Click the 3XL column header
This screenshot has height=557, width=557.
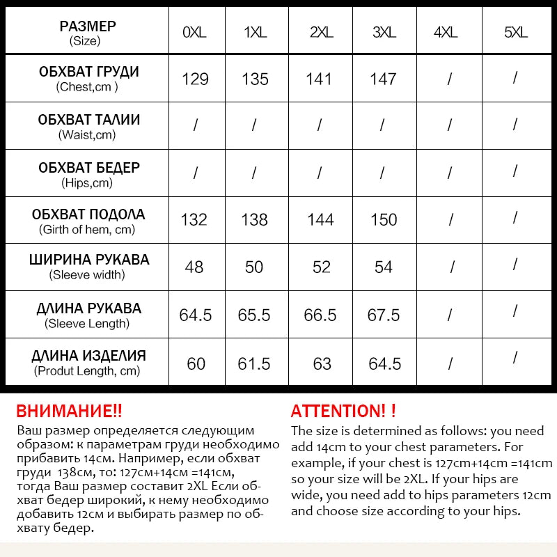coord(383,32)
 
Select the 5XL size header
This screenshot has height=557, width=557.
coord(515,32)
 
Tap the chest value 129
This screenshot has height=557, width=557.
coord(195,79)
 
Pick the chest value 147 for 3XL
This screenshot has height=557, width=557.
coord(383,79)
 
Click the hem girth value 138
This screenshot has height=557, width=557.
coord(255,220)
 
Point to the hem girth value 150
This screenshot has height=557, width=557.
coord(384,220)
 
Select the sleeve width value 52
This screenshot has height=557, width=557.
coord(321,267)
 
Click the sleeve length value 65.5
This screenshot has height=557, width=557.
coord(254,315)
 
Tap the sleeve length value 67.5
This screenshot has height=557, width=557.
coord(384,315)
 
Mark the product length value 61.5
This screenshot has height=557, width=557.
coord(255,363)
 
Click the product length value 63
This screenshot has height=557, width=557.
coord(321,363)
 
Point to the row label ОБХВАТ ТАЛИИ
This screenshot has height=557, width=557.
coord(88,120)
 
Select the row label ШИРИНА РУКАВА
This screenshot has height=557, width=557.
coord(88,260)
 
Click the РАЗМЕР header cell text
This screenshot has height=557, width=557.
coord(88,26)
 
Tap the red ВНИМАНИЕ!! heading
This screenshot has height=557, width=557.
coord(69,411)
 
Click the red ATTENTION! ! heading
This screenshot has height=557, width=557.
coord(343,411)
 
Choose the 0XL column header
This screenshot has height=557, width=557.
coord(195,32)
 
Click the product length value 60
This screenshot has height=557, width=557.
coord(196,363)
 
